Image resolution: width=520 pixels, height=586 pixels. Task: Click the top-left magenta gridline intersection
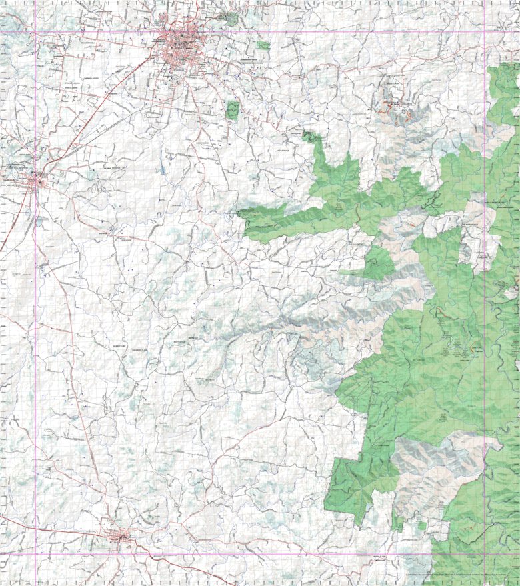(35, 31)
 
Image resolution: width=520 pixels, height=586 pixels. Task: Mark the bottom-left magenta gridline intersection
(35, 553)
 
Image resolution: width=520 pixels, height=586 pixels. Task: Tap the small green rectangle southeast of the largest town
(232, 110)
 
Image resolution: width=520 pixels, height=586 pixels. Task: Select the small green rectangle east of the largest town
(263, 46)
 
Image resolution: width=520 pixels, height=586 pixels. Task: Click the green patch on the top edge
(231, 18)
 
